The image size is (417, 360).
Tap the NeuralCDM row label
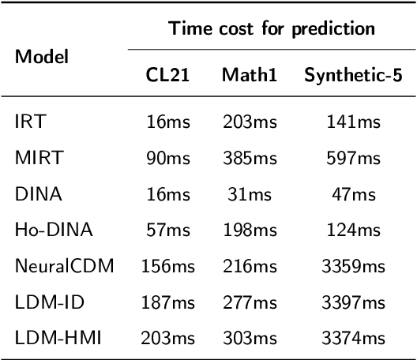coord(64,266)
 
